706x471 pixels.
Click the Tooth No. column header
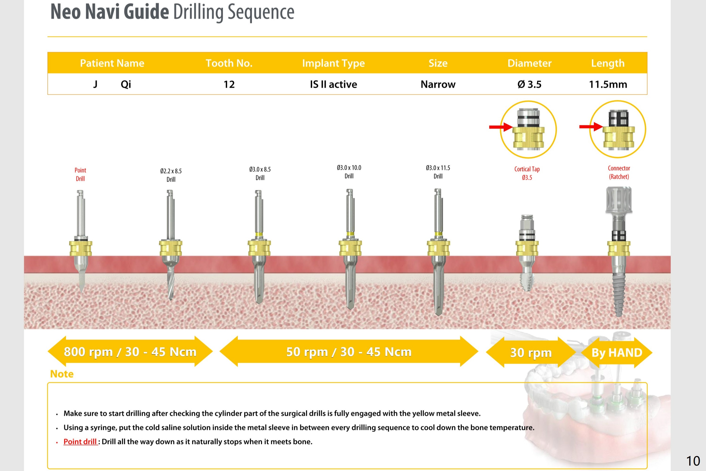(229, 63)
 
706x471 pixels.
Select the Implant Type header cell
(333, 63)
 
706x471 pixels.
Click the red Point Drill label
(80, 174)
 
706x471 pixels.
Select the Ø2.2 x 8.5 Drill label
(171, 175)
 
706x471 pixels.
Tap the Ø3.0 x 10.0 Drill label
(349, 172)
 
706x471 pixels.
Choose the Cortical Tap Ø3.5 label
(527, 173)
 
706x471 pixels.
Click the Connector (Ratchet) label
(619, 173)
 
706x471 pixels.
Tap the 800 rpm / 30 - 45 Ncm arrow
(130, 352)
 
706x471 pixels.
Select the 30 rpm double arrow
(531, 352)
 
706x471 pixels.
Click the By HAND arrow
(617, 352)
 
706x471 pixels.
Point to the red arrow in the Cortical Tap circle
(500, 127)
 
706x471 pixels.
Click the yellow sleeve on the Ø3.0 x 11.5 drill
(438, 248)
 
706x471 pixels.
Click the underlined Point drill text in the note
(80, 442)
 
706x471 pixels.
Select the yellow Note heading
(62, 374)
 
